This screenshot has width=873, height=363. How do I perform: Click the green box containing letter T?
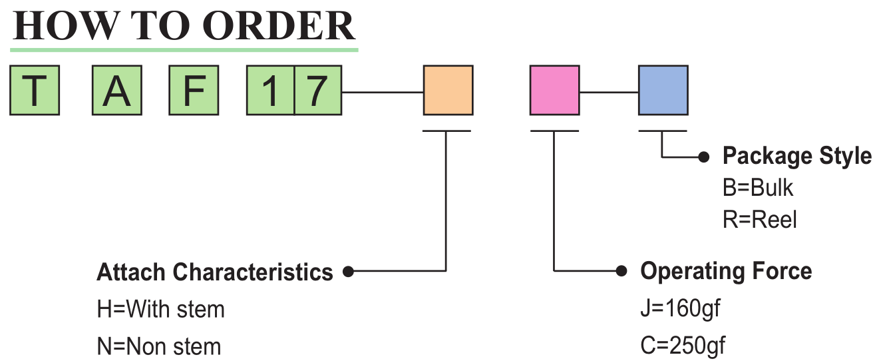[35, 91]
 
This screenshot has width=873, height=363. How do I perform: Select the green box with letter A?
[116, 91]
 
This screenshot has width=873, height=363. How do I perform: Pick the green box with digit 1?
[270, 91]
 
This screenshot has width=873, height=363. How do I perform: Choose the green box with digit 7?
[318, 91]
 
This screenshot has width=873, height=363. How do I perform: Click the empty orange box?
[448, 91]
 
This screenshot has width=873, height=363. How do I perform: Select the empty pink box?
[555, 91]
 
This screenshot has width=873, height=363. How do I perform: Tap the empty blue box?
[663, 91]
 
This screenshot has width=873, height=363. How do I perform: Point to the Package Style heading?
[796, 157]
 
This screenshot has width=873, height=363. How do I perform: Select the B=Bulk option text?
[758, 188]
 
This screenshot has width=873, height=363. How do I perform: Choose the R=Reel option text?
[759, 220]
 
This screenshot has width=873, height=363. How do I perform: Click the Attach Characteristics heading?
[215, 272]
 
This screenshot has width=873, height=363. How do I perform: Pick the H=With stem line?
[160, 310]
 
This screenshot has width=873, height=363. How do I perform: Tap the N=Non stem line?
[159, 347]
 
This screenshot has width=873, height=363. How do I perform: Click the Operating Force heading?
[726, 271]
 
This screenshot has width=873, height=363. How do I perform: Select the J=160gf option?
[680, 310]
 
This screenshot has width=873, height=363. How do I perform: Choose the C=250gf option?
[683, 347]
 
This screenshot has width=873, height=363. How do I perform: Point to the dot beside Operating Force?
[621, 271]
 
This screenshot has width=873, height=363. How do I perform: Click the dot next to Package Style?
[704, 157]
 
